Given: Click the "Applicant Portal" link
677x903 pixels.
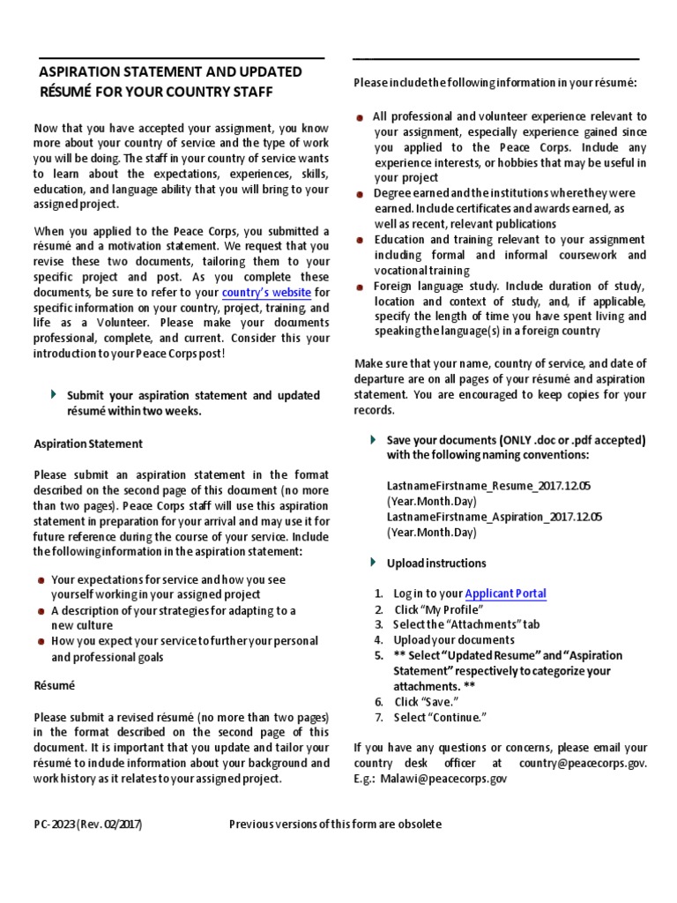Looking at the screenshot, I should click(505, 593).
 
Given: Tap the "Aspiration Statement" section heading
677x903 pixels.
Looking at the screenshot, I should click(88, 444).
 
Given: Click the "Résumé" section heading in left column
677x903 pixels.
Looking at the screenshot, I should click(54, 684).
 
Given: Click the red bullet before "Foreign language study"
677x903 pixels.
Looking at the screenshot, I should click(361, 287).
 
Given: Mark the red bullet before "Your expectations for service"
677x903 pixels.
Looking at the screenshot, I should click(41, 580).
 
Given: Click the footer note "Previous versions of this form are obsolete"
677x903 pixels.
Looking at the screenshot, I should click(335, 824).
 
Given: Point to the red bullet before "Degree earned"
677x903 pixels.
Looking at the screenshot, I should click(361, 193).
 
